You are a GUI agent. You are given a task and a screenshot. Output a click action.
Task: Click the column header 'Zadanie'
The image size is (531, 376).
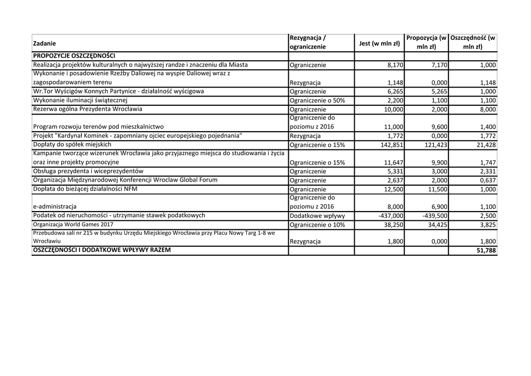[x=44, y=43]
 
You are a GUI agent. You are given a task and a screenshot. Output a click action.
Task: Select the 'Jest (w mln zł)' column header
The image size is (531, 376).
[x=380, y=44]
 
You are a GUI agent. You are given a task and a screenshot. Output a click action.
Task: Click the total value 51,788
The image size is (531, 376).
[x=485, y=251]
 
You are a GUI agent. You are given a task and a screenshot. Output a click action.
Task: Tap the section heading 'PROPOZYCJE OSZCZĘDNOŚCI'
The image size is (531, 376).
[x=74, y=55]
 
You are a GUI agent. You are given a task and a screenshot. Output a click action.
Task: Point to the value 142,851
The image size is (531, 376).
[x=392, y=145]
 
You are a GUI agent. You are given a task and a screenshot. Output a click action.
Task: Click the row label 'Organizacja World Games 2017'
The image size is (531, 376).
[x=73, y=225]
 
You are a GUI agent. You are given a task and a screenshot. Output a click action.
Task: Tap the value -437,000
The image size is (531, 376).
[x=391, y=216]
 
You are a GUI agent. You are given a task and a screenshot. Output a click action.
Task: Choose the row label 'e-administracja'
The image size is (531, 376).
[x=54, y=206]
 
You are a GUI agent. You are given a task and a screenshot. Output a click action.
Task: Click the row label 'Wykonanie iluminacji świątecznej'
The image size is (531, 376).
[x=80, y=100]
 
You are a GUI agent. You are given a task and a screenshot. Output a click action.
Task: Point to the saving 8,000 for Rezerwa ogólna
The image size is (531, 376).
[x=486, y=110]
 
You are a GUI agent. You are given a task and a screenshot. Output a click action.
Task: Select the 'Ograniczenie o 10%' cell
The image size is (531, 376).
[x=317, y=225]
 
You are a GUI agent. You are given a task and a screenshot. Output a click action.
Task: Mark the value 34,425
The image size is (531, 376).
[x=436, y=225]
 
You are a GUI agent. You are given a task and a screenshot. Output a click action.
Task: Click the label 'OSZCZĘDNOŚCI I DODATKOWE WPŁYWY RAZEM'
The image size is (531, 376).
[x=102, y=250]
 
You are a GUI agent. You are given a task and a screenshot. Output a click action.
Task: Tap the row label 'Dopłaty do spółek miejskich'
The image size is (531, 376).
[x=72, y=144]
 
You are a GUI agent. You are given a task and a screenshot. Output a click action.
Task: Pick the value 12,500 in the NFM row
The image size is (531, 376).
[x=393, y=190]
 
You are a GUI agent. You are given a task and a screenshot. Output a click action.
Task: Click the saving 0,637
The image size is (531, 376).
[x=486, y=180]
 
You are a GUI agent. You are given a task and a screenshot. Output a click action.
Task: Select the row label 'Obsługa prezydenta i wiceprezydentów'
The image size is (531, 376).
[x=88, y=171]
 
